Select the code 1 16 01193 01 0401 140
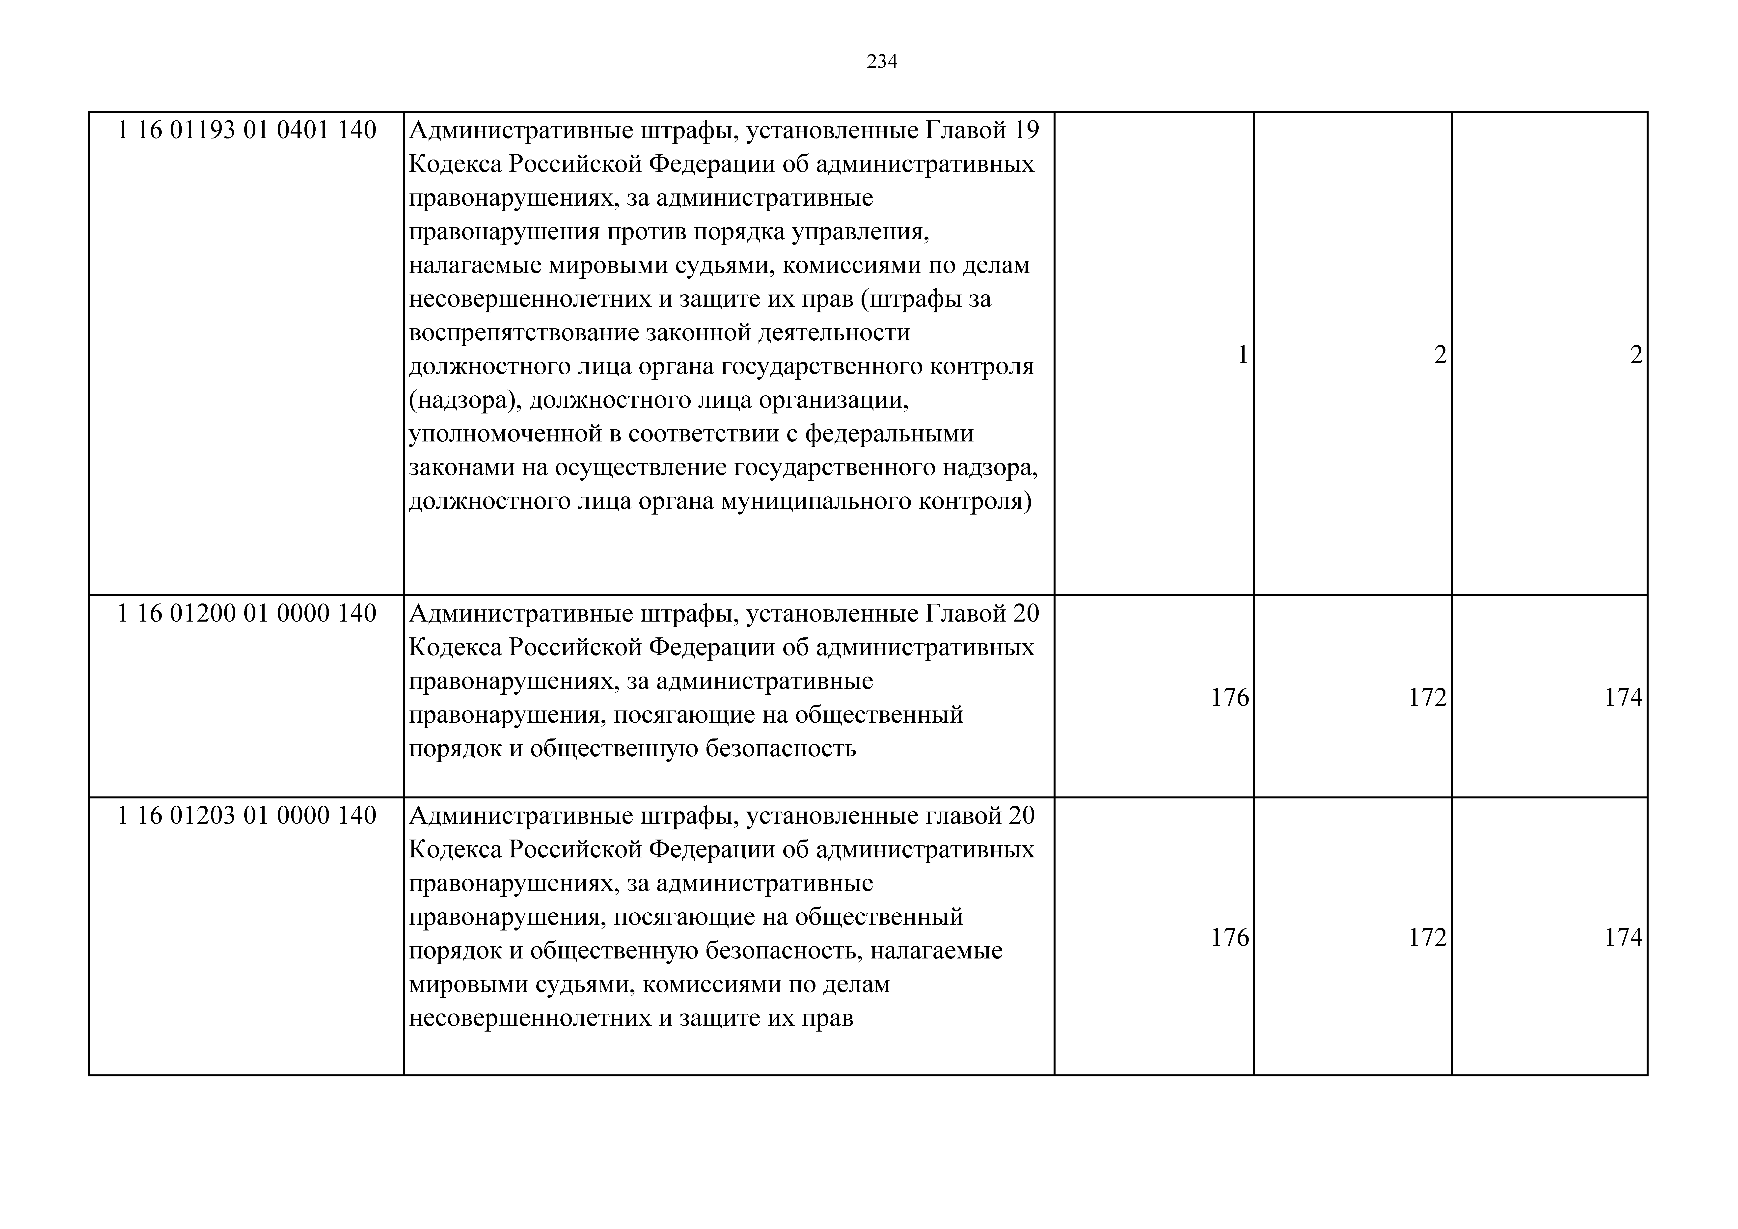[247, 131]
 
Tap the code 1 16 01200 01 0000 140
[247, 613]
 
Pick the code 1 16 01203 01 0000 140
[247, 816]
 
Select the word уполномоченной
[509, 434]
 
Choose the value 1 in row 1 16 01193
[1242, 355]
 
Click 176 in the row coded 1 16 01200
[1230, 697]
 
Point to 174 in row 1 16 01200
[1624, 697]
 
